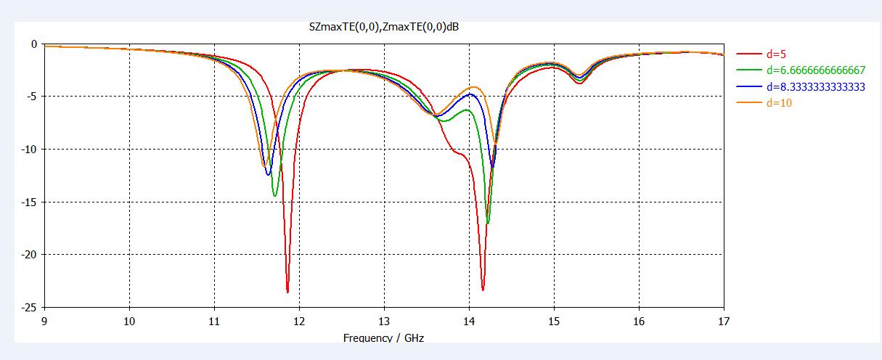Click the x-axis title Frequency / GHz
[383, 338]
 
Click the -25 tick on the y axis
[28, 308]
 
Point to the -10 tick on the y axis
[28, 150]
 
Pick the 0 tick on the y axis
[33, 44]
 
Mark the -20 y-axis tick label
[28, 255]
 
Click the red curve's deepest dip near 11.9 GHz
[287, 292]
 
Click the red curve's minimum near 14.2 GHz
[483, 290]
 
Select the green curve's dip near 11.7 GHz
[274, 196]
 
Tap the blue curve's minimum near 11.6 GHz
[268, 175]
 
